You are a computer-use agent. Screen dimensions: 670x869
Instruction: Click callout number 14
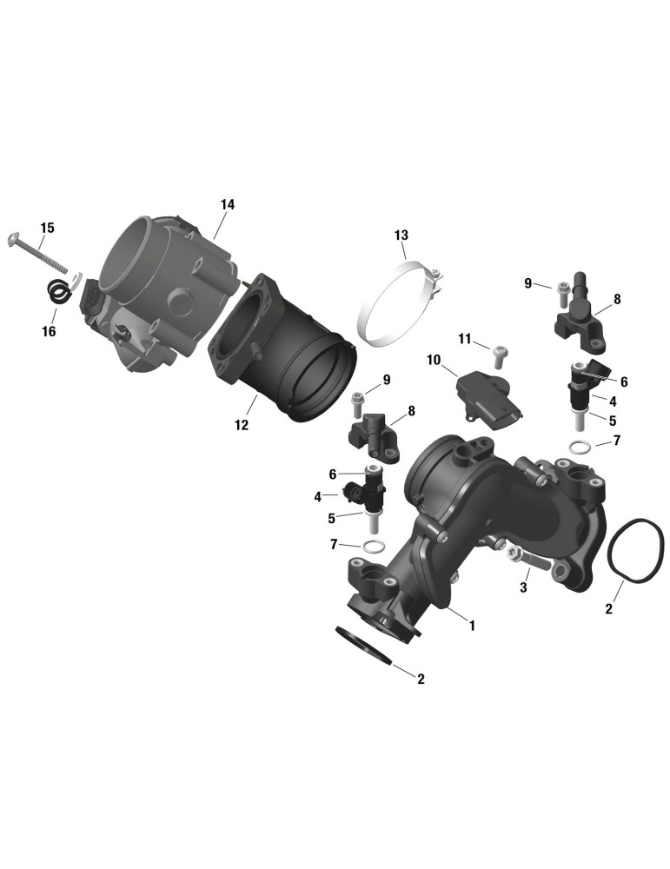tap(227, 204)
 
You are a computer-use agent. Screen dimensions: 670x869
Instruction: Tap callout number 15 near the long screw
tap(48, 228)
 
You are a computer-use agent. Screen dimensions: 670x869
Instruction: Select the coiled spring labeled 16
tap(58, 291)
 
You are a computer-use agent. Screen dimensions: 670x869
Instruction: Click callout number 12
tap(241, 425)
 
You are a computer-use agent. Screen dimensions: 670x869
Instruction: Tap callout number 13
tap(401, 235)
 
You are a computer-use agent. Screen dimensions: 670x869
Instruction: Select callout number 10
tap(434, 361)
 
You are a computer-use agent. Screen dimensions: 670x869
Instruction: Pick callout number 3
tap(524, 588)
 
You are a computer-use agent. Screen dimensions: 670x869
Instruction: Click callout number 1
tap(472, 626)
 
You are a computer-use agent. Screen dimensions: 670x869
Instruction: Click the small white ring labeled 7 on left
tap(373, 547)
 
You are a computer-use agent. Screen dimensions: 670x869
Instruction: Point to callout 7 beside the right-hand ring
tap(616, 441)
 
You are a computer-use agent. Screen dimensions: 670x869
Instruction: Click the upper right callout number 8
tap(617, 299)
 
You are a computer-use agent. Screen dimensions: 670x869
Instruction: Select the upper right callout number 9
tap(527, 283)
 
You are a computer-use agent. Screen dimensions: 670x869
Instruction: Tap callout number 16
tap(49, 331)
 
